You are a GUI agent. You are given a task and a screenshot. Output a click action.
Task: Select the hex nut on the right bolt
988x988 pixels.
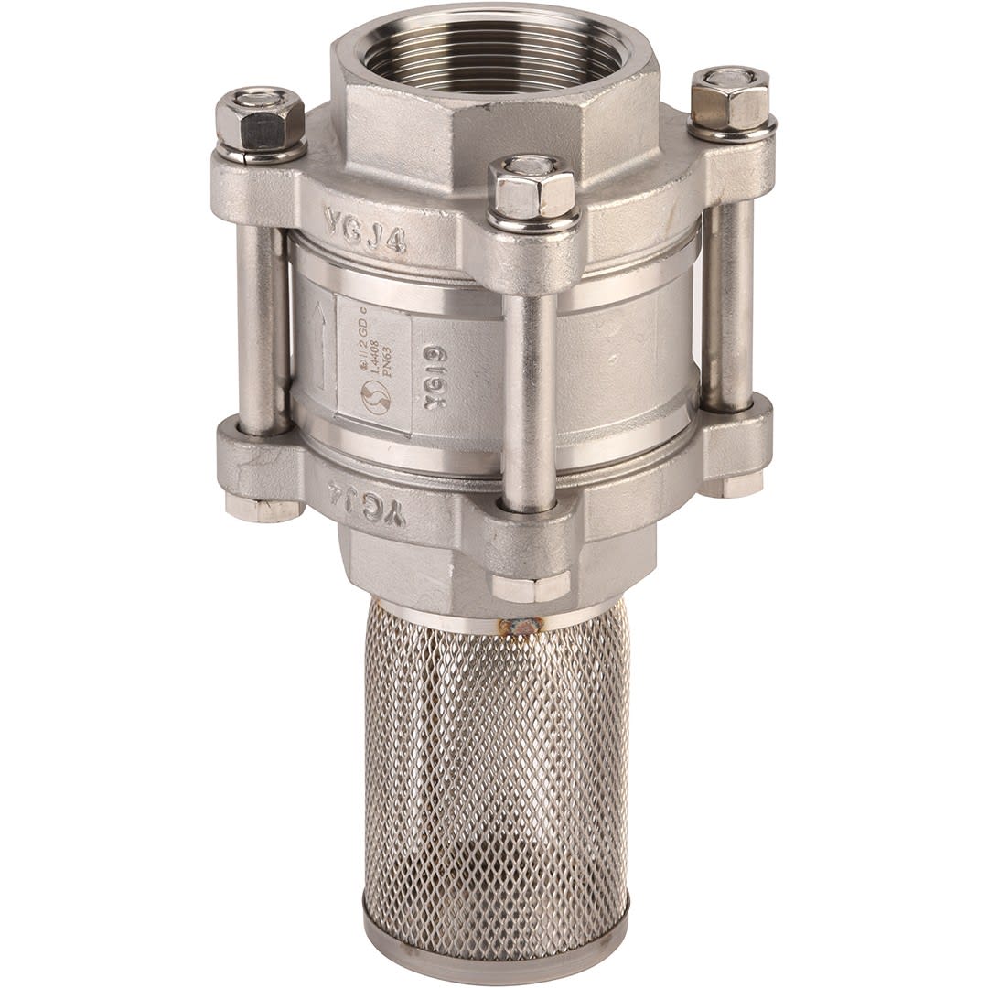pos(730,99)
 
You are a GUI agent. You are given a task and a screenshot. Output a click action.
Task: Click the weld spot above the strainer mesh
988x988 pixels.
pos(520,626)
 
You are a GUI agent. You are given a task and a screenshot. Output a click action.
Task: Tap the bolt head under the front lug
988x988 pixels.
pos(531,586)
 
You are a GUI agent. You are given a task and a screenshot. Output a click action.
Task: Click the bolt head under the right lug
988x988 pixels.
pos(732,485)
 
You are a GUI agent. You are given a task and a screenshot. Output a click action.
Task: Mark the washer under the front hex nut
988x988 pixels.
pos(533,222)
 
